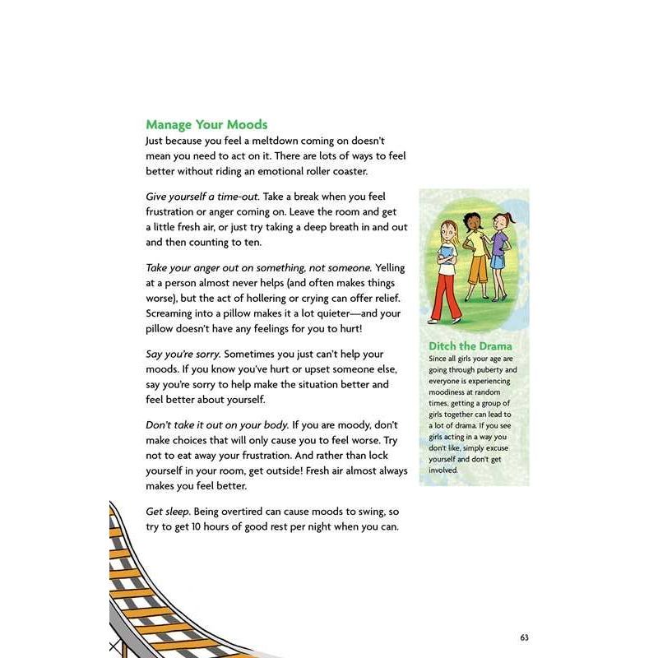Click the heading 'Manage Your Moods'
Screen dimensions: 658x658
[x=206, y=125]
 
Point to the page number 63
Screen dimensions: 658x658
[x=524, y=638]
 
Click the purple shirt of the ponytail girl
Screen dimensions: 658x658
[x=499, y=239]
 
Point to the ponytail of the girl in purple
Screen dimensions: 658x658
[x=511, y=215]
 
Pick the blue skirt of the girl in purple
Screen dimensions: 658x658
[x=498, y=262]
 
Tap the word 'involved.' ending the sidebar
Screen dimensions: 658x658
[x=445, y=470]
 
